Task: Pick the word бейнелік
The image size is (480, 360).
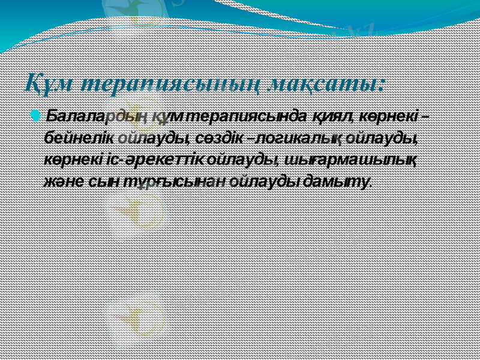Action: coord(79,138)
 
